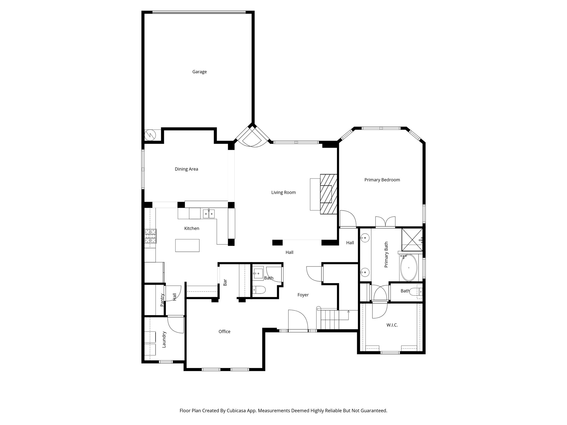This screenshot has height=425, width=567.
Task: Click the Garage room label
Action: click(x=199, y=72)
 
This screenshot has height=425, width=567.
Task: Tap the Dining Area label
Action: click(x=186, y=169)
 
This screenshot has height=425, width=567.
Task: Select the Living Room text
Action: click(x=283, y=192)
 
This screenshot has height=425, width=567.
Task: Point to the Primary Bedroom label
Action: click(x=382, y=180)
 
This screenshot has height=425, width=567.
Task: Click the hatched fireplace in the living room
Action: click(x=329, y=194)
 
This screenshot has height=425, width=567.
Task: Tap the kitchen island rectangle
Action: click(x=187, y=245)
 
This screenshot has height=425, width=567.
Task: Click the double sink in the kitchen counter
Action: click(x=209, y=214)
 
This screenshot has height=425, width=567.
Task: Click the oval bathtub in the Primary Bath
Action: click(x=409, y=268)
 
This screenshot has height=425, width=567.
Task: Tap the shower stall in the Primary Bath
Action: click(x=412, y=237)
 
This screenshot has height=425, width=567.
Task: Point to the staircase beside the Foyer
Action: click(x=330, y=320)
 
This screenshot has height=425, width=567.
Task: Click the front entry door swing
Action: click(x=298, y=321)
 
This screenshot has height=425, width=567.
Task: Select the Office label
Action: click(x=224, y=331)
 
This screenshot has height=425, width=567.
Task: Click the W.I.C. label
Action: click(x=392, y=325)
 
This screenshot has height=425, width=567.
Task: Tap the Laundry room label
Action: click(x=164, y=340)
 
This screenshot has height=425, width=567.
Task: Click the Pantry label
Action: click(x=162, y=300)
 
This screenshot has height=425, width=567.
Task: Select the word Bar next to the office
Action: click(x=225, y=282)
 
